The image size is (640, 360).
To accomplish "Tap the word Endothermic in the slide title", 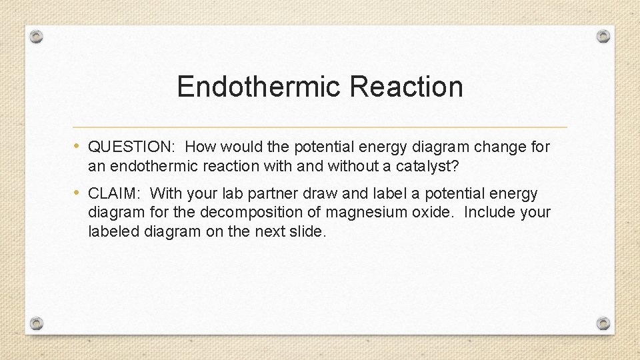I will (259, 87).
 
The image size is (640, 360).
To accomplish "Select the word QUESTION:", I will (132, 147).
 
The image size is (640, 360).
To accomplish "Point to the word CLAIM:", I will (114, 194).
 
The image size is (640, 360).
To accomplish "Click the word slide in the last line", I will (307, 231).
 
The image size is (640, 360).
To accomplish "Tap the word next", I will (269, 231).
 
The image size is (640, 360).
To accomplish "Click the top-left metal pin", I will (37, 36).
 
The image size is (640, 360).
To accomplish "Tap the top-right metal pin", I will (603, 36).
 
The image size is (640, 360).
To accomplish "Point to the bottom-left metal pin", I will (37, 323).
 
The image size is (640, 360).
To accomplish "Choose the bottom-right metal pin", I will (603, 323).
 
